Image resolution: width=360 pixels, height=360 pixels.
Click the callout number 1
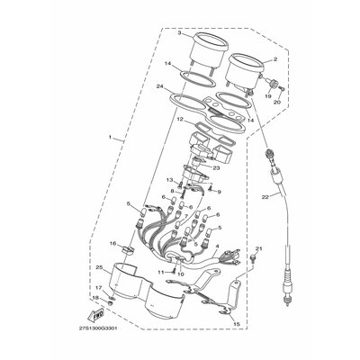[x=111, y=139]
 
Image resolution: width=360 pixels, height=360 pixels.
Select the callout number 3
[x=179, y=33]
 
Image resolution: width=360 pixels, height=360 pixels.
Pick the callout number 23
[x=216, y=167]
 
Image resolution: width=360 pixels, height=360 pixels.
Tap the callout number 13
[x=168, y=180]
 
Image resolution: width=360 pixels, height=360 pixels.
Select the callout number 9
[x=218, y=192]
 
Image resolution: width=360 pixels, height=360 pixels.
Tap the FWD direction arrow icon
[x=94, y=316]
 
